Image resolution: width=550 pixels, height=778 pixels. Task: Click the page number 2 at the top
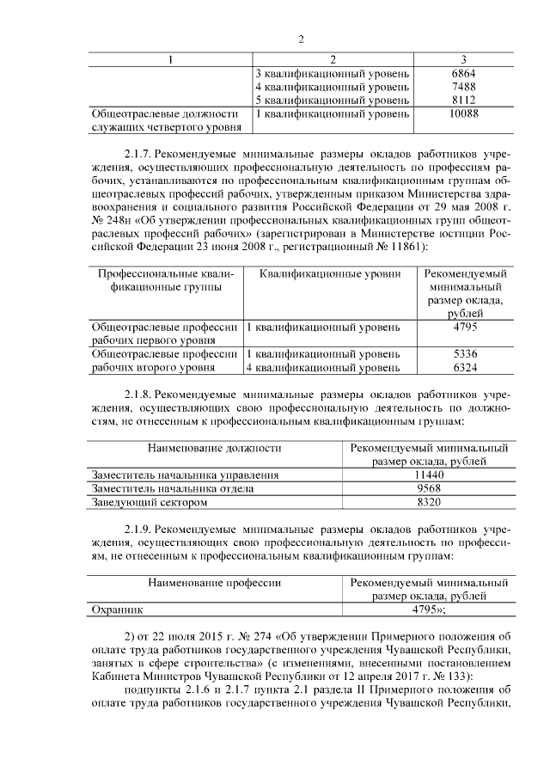(301, 40)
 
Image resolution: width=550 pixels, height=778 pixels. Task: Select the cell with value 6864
(463, 74)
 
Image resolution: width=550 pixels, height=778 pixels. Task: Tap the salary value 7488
(463, 87)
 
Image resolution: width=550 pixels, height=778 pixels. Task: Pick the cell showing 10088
(463, 113)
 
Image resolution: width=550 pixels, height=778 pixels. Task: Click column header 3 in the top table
(463, 59)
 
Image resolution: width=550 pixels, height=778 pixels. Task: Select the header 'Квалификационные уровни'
(330, 274)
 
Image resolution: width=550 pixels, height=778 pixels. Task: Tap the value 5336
(464, 353)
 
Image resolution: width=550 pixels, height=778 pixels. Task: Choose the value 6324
(464, 368)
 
